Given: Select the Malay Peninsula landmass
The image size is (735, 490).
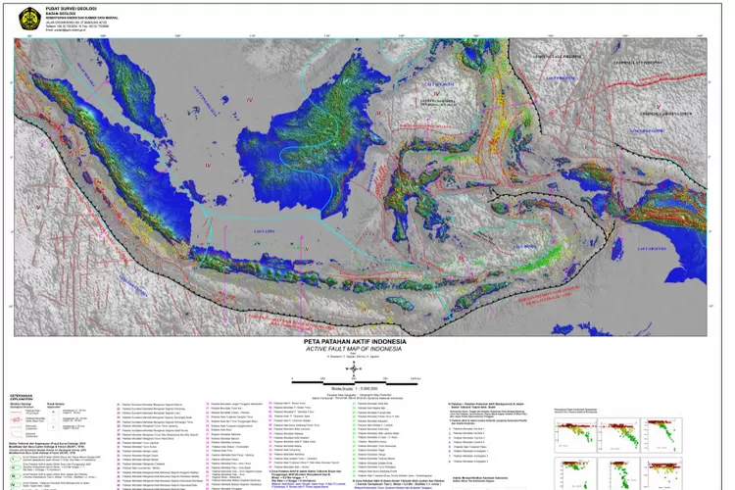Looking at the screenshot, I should pyautogui.click(x=147, y=108).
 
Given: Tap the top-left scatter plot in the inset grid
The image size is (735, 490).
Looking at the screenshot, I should pyautogui.click(x=572, y=435).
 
